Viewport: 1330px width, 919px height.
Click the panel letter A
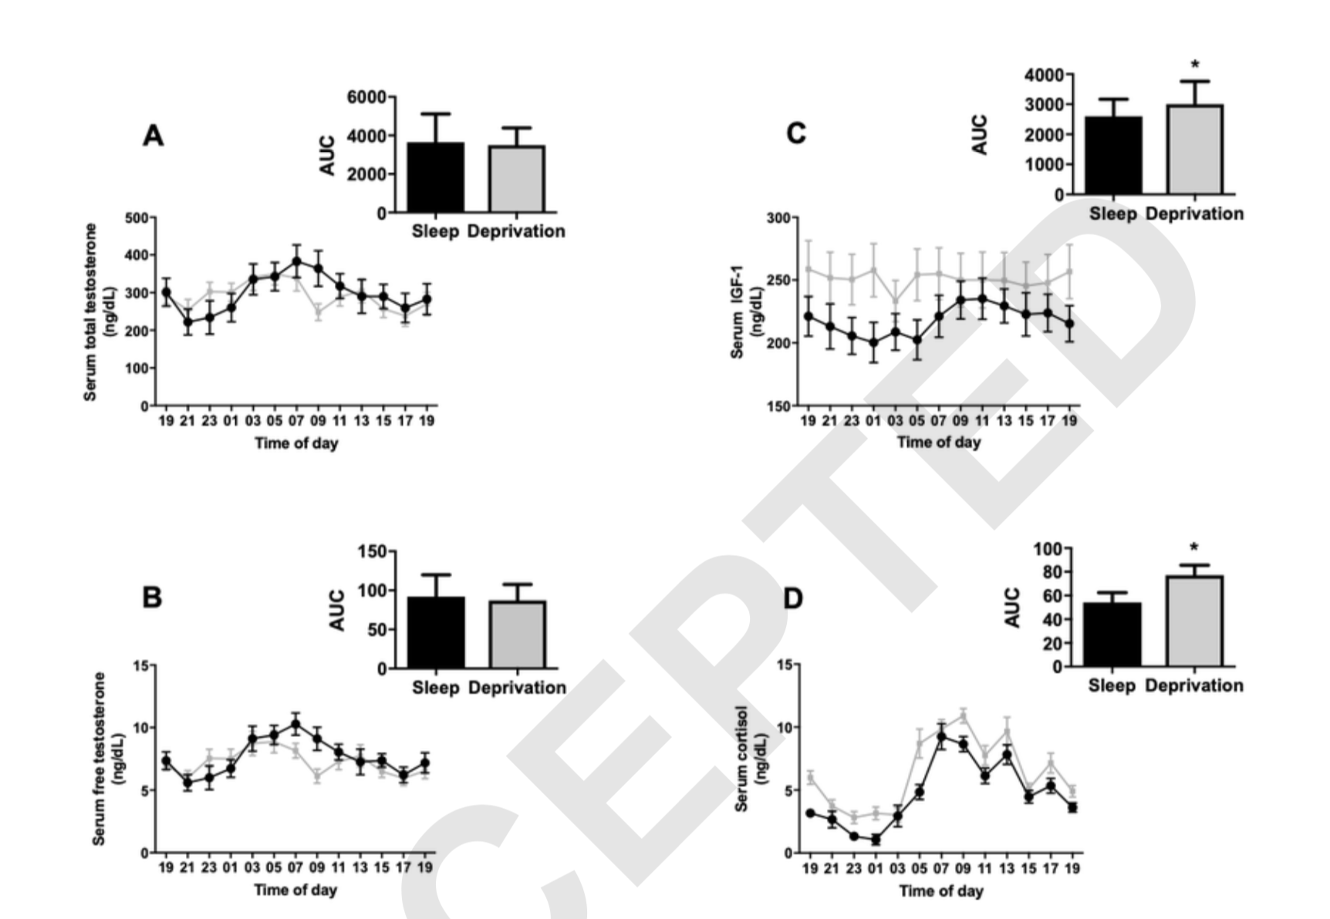point(154,136)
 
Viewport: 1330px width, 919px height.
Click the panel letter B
point(152,598)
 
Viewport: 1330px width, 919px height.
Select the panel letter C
point(795,133)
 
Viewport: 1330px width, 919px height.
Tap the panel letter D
point(793,598)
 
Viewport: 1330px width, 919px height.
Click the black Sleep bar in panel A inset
point(436,177)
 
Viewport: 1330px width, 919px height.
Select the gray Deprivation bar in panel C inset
point(1194,150)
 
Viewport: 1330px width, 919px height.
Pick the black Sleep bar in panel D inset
point(1112,635)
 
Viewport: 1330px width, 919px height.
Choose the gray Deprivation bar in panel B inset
point(517,634)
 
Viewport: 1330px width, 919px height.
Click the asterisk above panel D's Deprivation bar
point(1193,549)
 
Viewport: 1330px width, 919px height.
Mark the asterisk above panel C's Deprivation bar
point(1194,66)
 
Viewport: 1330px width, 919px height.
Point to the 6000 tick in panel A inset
point(366,97)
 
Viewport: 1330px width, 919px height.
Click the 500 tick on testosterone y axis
point(137,218)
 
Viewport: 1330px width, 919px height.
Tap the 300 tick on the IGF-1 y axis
point(778,218)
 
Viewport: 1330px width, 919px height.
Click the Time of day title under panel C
point(938,443)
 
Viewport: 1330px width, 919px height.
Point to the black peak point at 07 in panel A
point(296,261)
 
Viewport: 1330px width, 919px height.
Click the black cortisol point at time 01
point(876,840)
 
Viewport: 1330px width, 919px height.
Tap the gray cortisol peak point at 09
point(963,716)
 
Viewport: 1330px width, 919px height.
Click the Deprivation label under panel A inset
point(516,231)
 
